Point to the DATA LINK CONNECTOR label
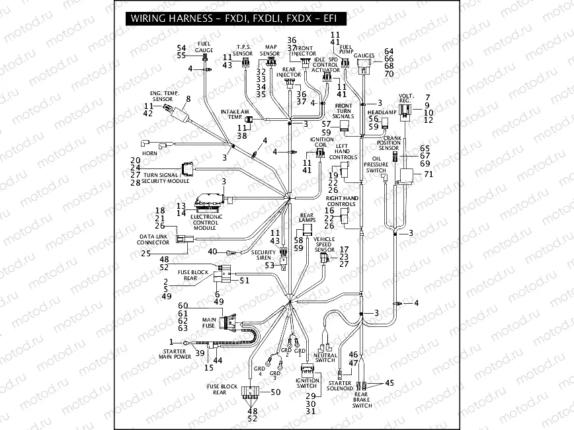tap(153, 238)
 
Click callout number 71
tap(428, 174)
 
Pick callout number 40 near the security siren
tap(212, 252)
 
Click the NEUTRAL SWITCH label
tap(327, 357)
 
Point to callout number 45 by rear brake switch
tap(389, 382)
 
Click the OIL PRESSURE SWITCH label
tap(376, 164)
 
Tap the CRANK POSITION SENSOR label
tap(388, 141)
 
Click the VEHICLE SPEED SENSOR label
tap(324, 244)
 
